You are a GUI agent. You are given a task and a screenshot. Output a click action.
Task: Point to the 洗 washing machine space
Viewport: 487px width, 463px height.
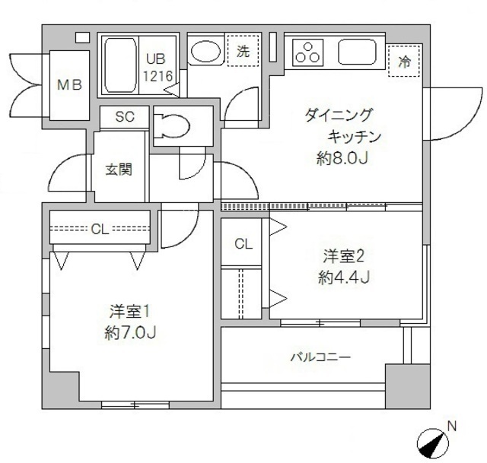coord(242,52)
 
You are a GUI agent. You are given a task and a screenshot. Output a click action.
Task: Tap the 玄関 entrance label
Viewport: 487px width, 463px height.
coord(119,168)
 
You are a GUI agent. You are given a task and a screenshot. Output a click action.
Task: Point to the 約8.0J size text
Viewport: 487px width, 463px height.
coord(342,159)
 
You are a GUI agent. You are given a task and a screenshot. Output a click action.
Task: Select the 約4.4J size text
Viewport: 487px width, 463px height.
coord(344,277)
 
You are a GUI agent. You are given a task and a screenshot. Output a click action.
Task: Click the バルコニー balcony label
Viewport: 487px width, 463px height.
coord(320,357)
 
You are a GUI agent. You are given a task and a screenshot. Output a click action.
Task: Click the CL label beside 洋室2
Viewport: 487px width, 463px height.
coord(243,244)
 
